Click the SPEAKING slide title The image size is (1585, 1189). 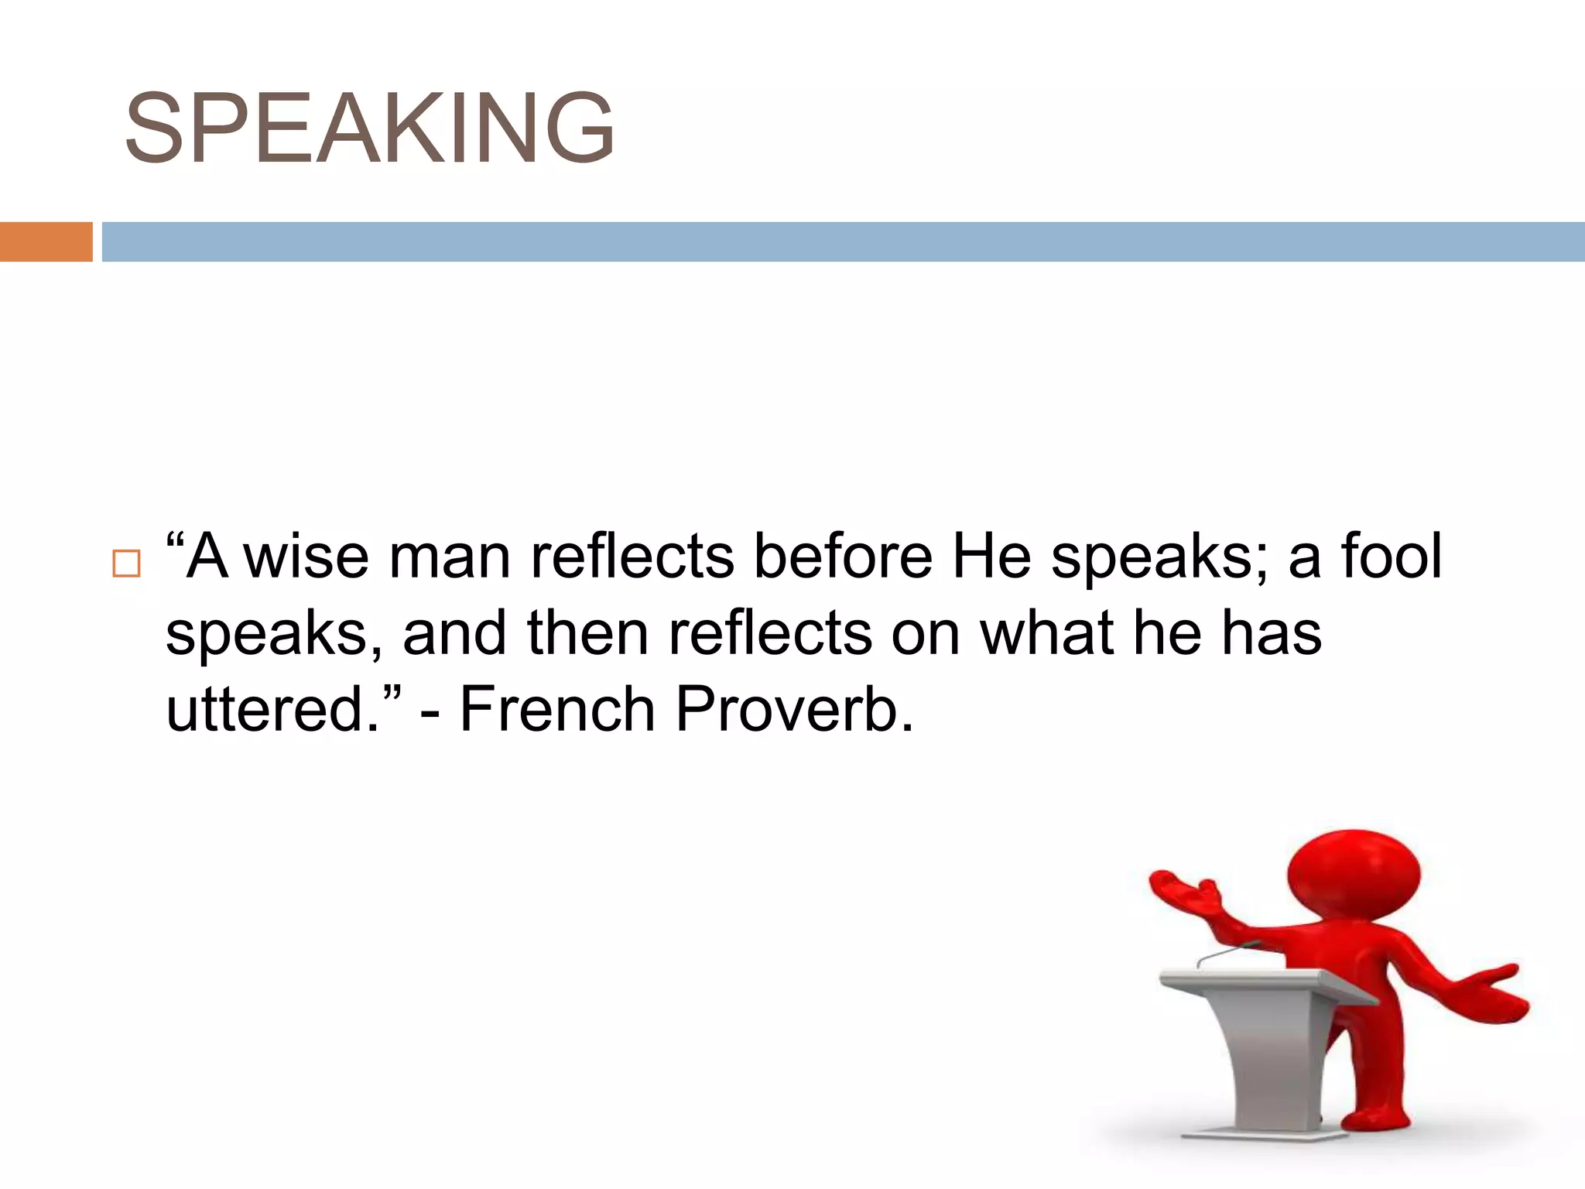click(x=369, y=128)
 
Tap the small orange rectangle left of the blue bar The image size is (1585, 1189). click(x=46, y=242)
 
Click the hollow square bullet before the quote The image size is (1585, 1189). click(x=126, y=564)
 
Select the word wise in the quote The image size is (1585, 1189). click(x=306, y=557)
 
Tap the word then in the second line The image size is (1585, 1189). click(x=587, y=633)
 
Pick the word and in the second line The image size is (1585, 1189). click(x=454, y=633)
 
